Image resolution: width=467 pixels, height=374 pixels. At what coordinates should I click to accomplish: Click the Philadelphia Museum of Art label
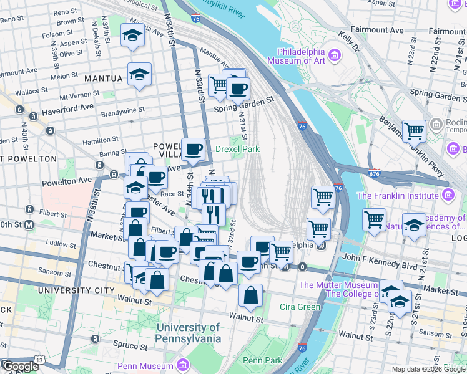coord(298,57)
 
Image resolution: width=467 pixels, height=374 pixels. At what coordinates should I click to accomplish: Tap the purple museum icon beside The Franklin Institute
coord(448,196)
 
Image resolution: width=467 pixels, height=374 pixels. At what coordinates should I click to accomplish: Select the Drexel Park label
coord(237,150)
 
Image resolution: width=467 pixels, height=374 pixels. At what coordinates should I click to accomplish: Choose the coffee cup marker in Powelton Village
coord(194,149)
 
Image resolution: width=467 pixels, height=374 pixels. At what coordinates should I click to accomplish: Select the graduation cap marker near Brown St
coord(132,36)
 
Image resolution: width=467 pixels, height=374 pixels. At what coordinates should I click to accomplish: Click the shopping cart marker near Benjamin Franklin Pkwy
coord(414,132)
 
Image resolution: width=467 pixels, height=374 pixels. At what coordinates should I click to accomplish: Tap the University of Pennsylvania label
coord(189,333)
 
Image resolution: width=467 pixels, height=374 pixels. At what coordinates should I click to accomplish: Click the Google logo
coord(20,367)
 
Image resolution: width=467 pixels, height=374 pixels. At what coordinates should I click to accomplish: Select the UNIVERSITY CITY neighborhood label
coord(76,290)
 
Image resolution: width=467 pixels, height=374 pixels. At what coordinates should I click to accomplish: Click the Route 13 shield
coord(40,360)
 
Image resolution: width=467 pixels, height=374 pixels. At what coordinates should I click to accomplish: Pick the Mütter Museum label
coord(337,285)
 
